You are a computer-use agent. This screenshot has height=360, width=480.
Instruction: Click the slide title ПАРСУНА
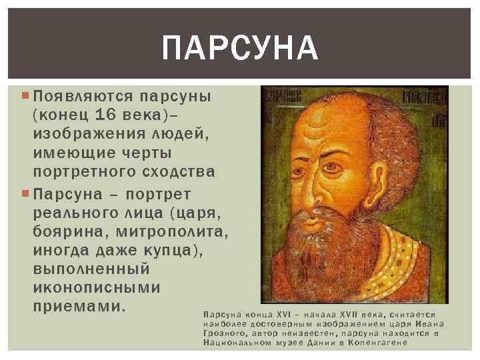pyautogui.click(x=240, y=47)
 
